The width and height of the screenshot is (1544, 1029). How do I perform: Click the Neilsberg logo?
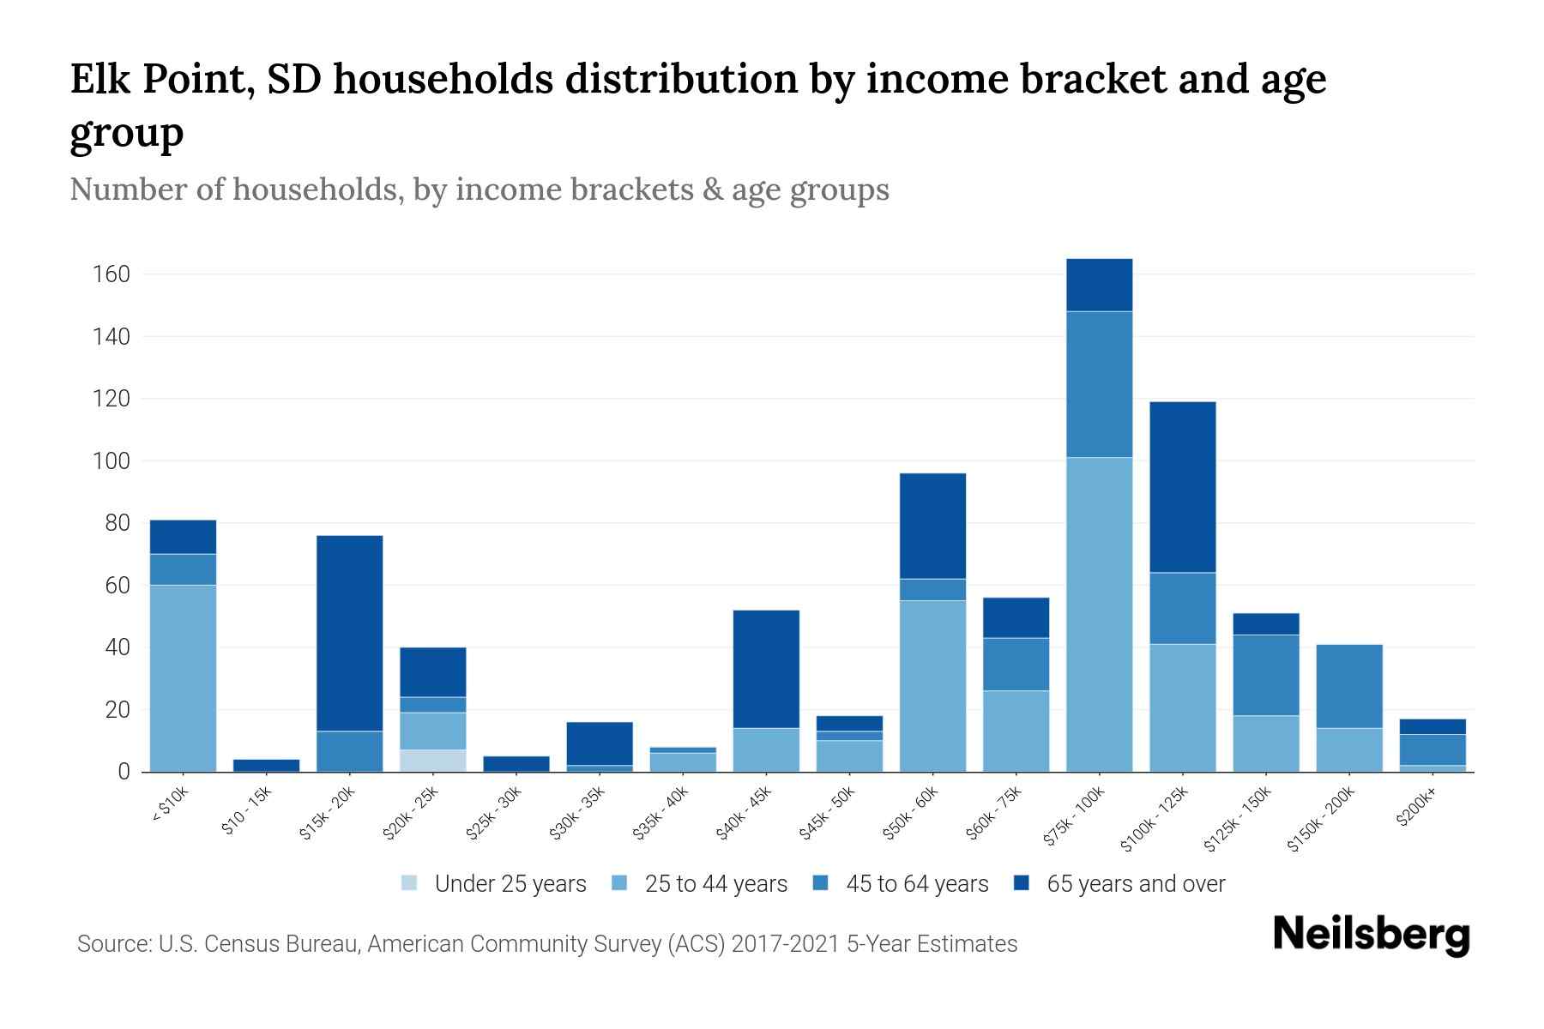1371,936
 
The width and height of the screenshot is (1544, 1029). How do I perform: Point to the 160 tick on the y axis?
112,274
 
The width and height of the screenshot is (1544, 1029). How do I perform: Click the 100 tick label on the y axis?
112,461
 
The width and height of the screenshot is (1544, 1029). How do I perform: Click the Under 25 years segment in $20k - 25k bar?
432,761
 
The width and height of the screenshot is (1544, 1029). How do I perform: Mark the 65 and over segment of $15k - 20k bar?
349,633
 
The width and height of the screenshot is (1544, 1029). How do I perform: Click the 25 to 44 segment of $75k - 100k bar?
1099,614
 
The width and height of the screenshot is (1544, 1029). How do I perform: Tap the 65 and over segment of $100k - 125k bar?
1182,486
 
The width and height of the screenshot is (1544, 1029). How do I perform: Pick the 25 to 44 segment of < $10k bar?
183,677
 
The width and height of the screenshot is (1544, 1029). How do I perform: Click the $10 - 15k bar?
266,765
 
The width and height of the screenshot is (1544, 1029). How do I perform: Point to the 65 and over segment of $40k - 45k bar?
766,669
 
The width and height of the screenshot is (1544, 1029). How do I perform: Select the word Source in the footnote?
113,944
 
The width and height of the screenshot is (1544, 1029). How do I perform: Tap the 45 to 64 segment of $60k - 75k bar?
1016,664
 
